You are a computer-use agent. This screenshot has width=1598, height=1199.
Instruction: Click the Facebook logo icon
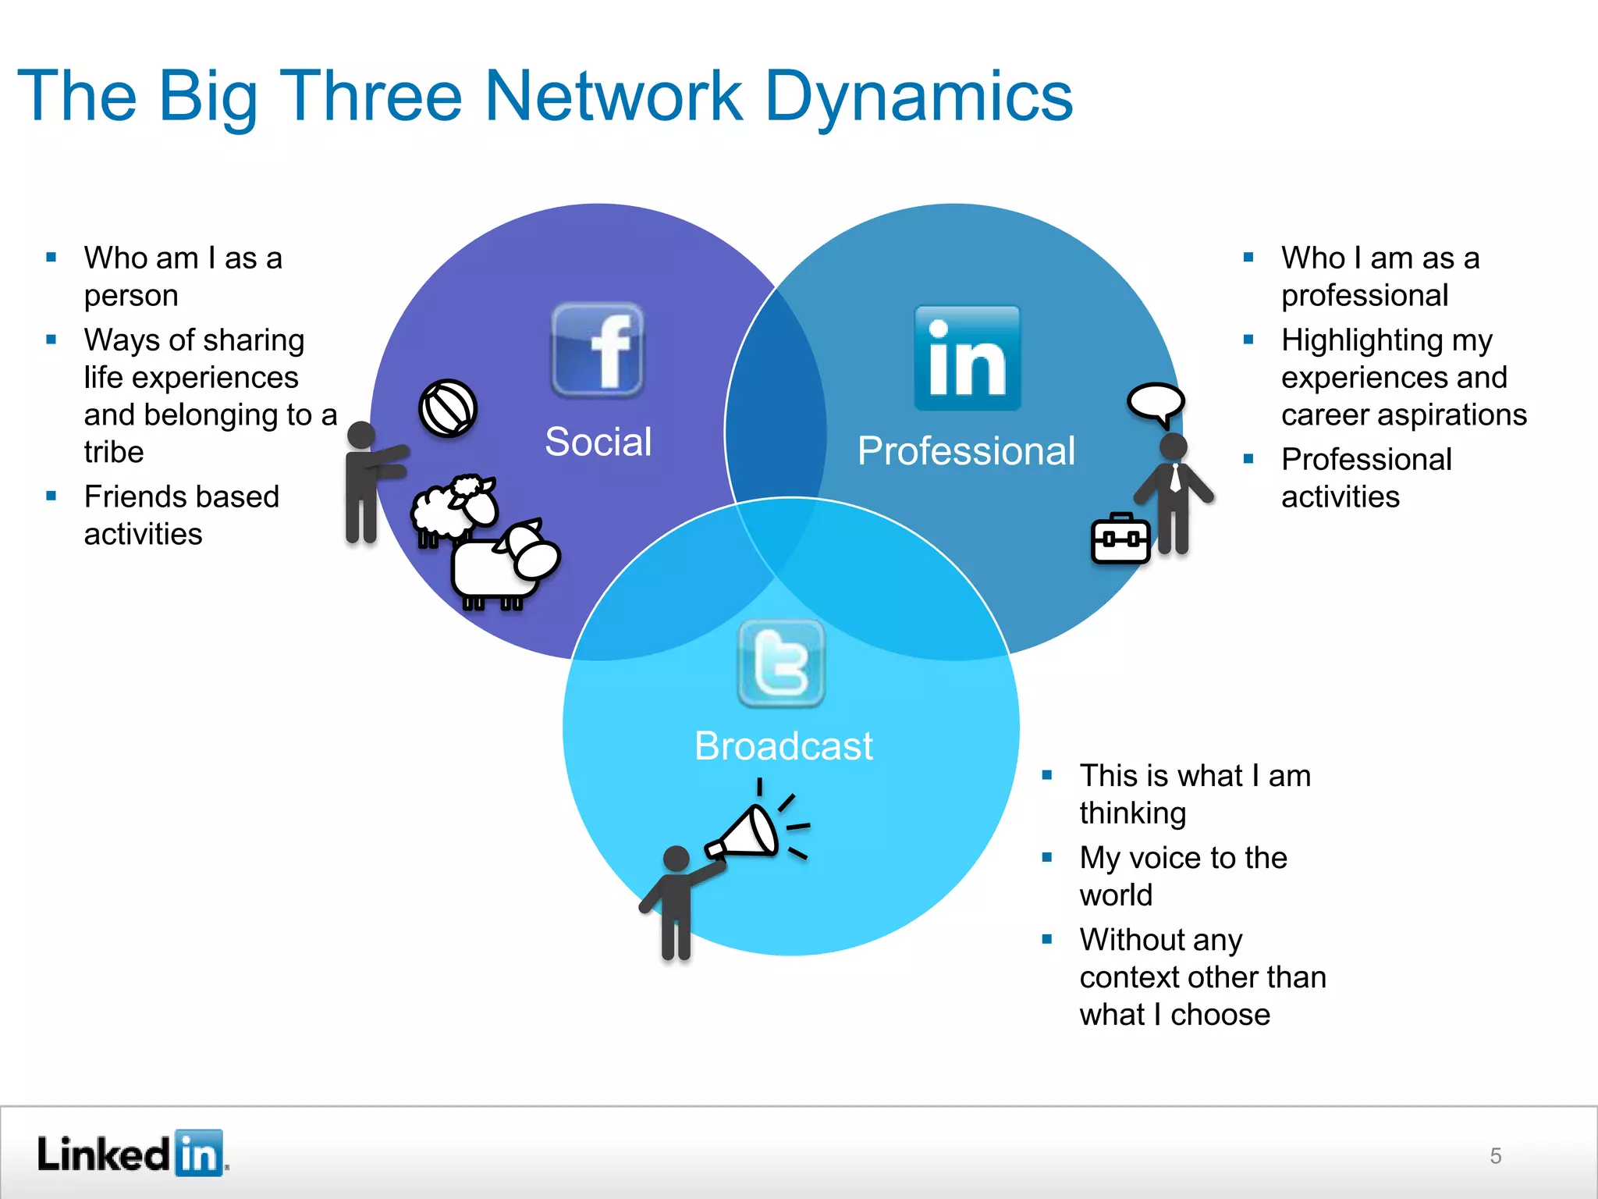598,350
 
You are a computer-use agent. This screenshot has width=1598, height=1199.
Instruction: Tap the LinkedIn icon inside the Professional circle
968,358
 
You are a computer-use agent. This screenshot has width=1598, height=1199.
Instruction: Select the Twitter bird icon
781,664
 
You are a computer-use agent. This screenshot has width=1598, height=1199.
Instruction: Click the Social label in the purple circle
598,442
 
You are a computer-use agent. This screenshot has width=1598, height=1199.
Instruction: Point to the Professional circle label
966,451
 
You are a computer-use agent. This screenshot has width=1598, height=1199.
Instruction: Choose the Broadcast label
783,746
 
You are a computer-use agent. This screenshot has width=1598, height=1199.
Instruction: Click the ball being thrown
448,408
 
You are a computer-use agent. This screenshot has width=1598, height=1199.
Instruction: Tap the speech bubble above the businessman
1156,403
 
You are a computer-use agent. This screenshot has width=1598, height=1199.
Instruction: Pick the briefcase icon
1120,538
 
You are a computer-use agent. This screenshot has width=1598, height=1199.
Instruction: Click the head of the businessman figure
1174,447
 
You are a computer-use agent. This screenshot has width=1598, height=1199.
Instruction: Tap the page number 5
1495,1155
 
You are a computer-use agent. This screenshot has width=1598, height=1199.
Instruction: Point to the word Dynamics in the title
919,97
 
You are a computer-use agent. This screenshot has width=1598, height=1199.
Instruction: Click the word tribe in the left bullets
114,452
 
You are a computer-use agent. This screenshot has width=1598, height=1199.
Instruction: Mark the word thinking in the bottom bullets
1133,813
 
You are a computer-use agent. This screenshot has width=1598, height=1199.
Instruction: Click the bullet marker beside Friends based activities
51,496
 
